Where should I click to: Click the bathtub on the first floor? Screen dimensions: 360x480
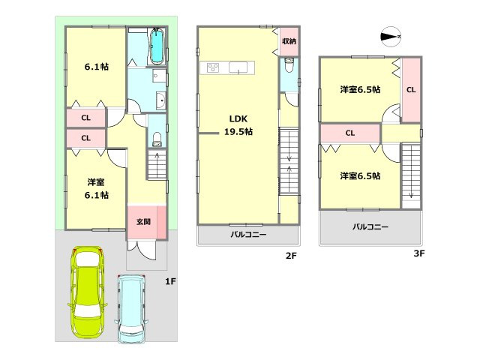click(157, 47)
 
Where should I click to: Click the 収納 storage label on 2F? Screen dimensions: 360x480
click(289, 41)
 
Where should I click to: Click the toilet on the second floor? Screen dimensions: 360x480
click(289, 72)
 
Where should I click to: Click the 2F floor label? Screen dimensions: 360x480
click(291, 256)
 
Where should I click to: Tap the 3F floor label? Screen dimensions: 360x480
click(419, 254)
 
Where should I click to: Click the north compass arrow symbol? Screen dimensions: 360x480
click(391, 35)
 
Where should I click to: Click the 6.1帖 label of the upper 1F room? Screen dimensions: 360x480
click(95, 67)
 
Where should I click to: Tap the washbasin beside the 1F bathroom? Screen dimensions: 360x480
click(159, 101)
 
